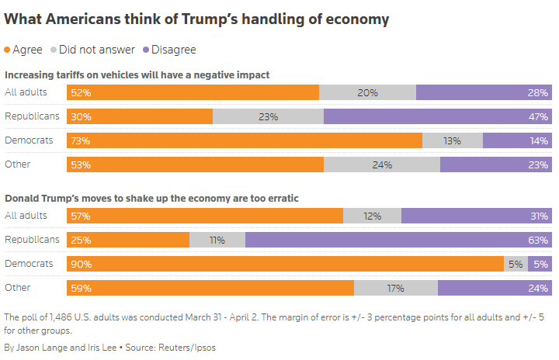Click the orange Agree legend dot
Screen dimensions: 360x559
pos(9,50)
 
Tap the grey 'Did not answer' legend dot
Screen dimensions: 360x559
pos(54,50)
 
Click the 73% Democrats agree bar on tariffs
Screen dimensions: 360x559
pos(245,140)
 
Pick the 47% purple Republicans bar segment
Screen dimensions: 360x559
pos(438,116)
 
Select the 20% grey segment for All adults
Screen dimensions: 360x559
pos(367,92)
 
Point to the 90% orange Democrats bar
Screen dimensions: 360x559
pos(286,264)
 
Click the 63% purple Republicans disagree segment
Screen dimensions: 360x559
pos(398,240)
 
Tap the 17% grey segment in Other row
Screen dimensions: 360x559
pos(395,288)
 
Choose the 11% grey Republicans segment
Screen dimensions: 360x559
pos(217,240)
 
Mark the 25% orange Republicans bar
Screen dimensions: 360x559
pos(128,240)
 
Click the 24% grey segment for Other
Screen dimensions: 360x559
pos(381,164)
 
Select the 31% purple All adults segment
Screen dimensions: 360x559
pos(476,216)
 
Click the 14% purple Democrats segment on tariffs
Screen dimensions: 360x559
pos(517,140)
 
